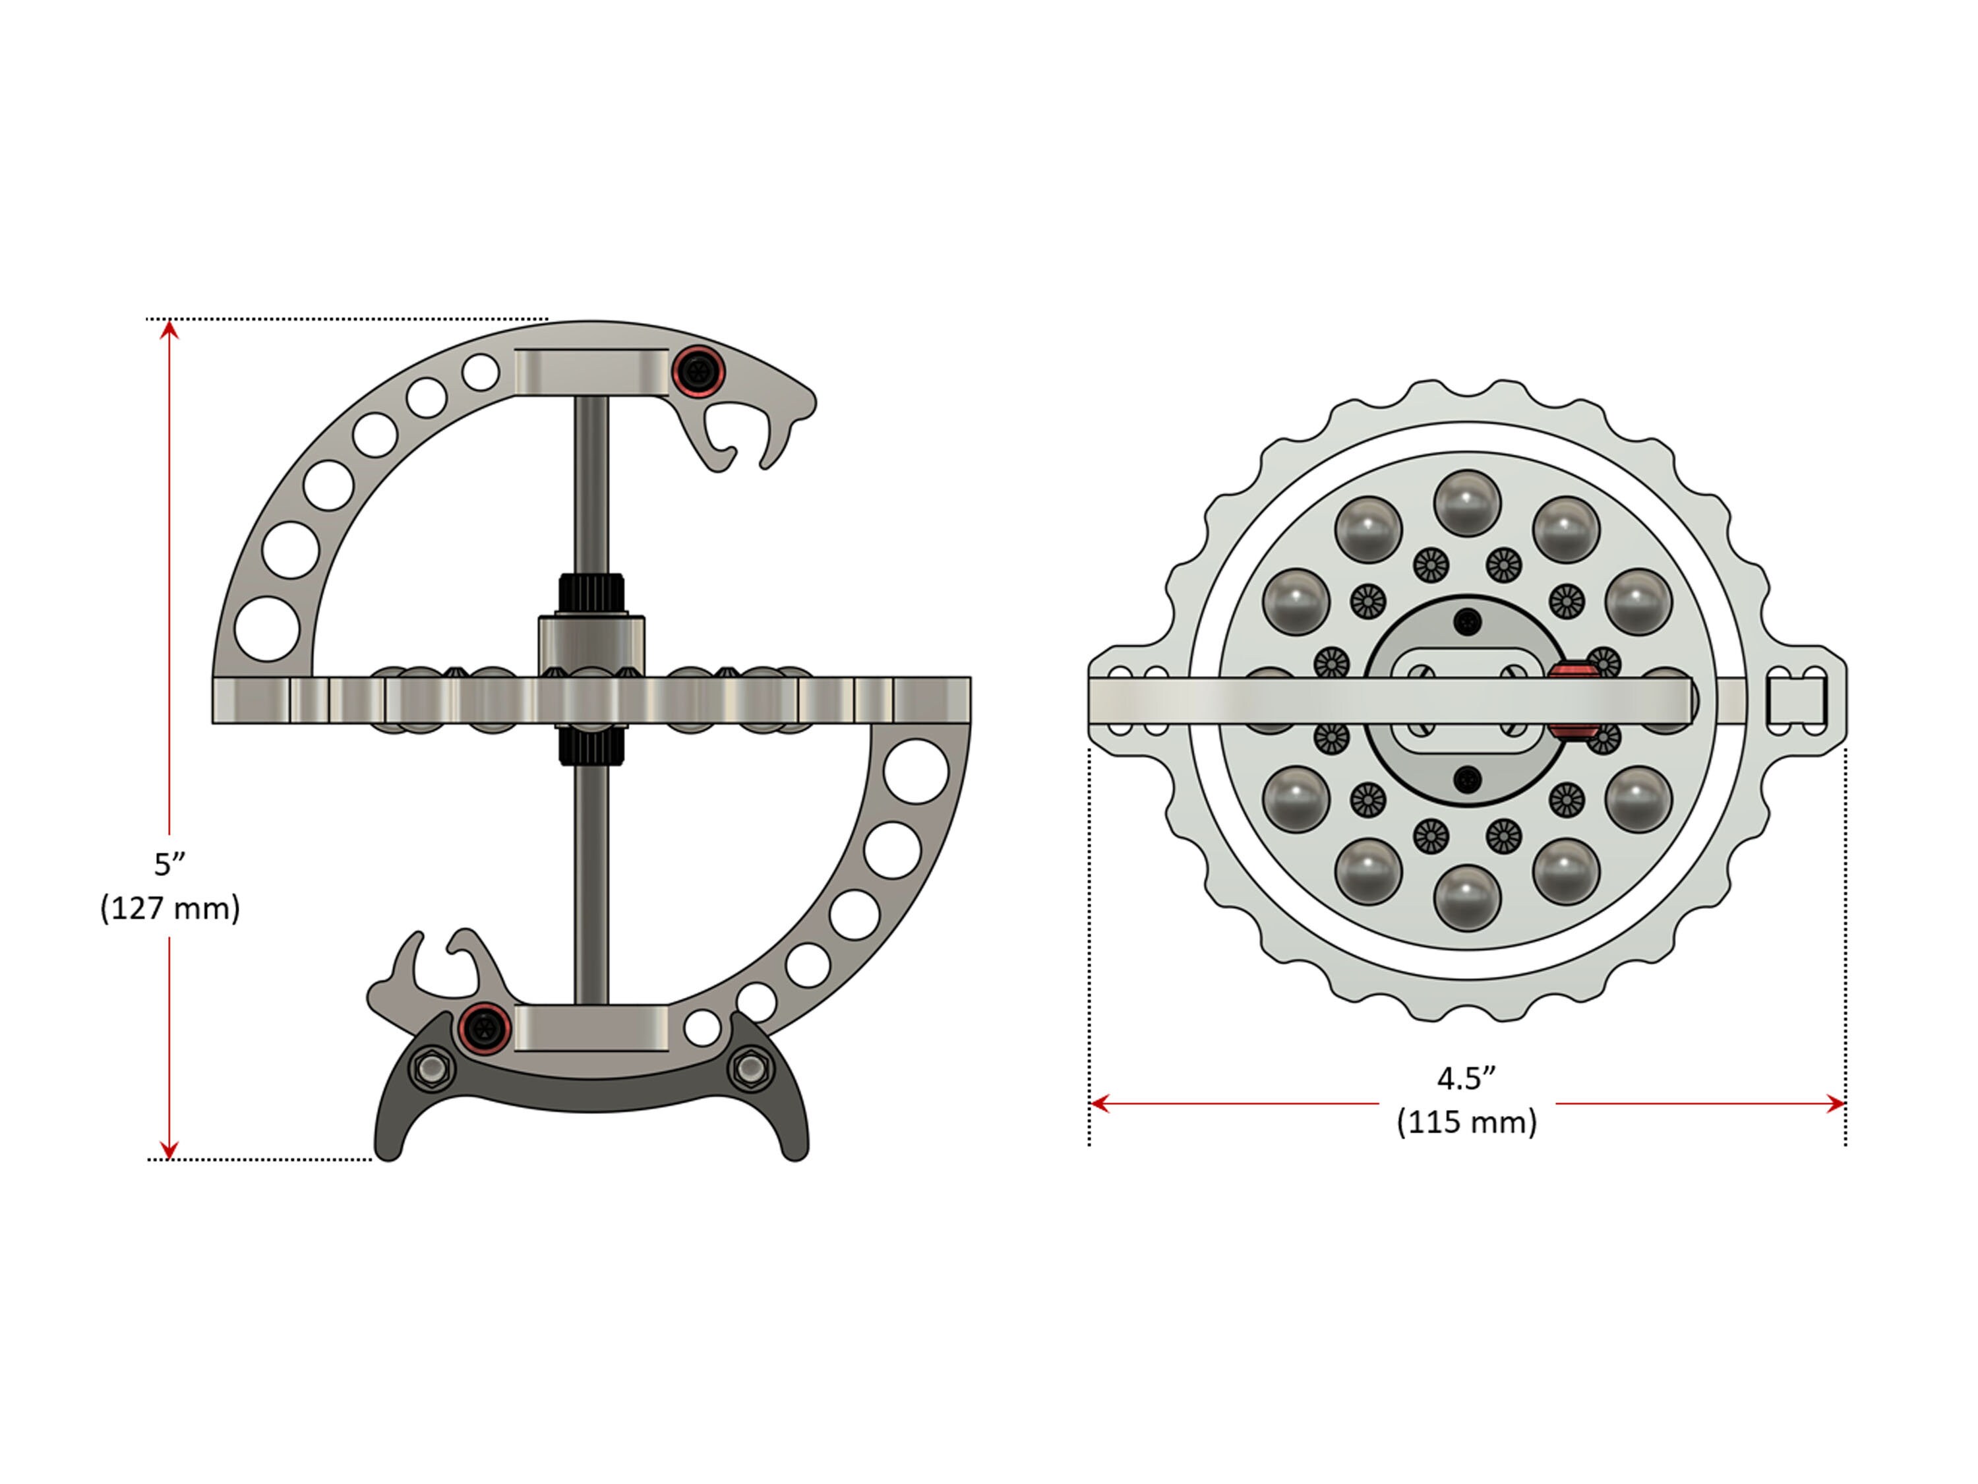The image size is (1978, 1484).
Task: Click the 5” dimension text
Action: click(169, 864)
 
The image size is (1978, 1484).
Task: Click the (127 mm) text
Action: click(170, 908)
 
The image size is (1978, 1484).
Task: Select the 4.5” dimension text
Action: click(1466, 1079)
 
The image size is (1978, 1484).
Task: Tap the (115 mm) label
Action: click(1466, 1122)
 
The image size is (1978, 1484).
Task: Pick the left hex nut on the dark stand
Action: click(432, 1069)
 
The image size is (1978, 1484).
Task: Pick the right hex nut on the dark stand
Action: click(750, 1069)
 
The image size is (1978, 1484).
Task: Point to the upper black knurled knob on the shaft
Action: click(591, 594)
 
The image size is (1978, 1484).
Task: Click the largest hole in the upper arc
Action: click(268, 629)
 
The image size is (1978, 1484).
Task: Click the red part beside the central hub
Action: click(1574, 700)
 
